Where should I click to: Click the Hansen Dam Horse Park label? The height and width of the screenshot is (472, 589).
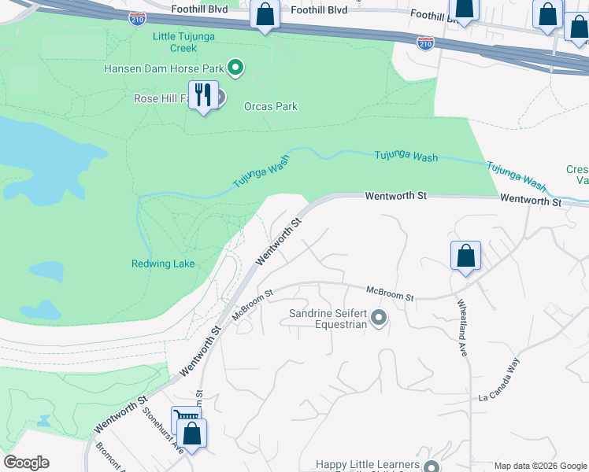pos(164,68)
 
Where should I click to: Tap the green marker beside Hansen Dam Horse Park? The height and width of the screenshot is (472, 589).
pos(235,68)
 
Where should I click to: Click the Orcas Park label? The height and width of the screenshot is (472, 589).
pos(271,106)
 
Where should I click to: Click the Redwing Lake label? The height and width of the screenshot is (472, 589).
pos(163,264)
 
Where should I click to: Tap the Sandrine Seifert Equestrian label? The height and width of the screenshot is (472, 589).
pos(328,319)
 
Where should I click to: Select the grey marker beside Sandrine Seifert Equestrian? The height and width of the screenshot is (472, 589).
pos(379,319)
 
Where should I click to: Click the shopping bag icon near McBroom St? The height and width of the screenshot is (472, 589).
pos(465,256)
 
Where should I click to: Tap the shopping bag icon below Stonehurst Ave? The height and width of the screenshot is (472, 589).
pos(192,433)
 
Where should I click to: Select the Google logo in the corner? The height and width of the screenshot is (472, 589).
pos(26,463)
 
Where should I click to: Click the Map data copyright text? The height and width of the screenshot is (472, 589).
pos(541,466)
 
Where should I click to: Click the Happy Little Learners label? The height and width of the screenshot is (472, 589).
pos(368,465)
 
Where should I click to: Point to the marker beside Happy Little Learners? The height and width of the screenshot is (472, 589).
pos(430,465)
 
